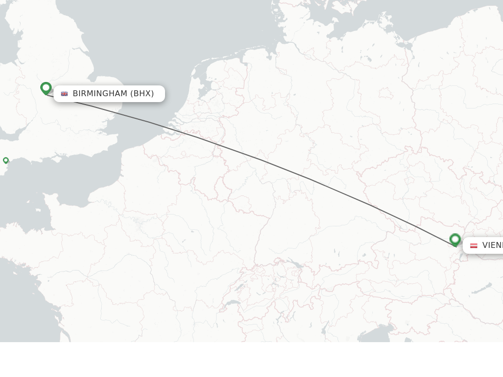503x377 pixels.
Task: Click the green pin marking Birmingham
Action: [x=46, y=88]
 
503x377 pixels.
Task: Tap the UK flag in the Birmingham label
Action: [x=64, y=94]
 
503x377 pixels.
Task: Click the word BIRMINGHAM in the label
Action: [x=100, y=94]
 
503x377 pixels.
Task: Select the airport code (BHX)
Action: [x=142, y=94]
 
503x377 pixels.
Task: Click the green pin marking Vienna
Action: [x=455, y=240]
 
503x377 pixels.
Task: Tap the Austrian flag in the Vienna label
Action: [x=474, y=245]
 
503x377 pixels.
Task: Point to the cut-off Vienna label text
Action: [x=492, y=245]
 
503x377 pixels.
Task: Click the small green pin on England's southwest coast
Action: [x=6, y=160]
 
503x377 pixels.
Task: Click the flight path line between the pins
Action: [x=260, y=160]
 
